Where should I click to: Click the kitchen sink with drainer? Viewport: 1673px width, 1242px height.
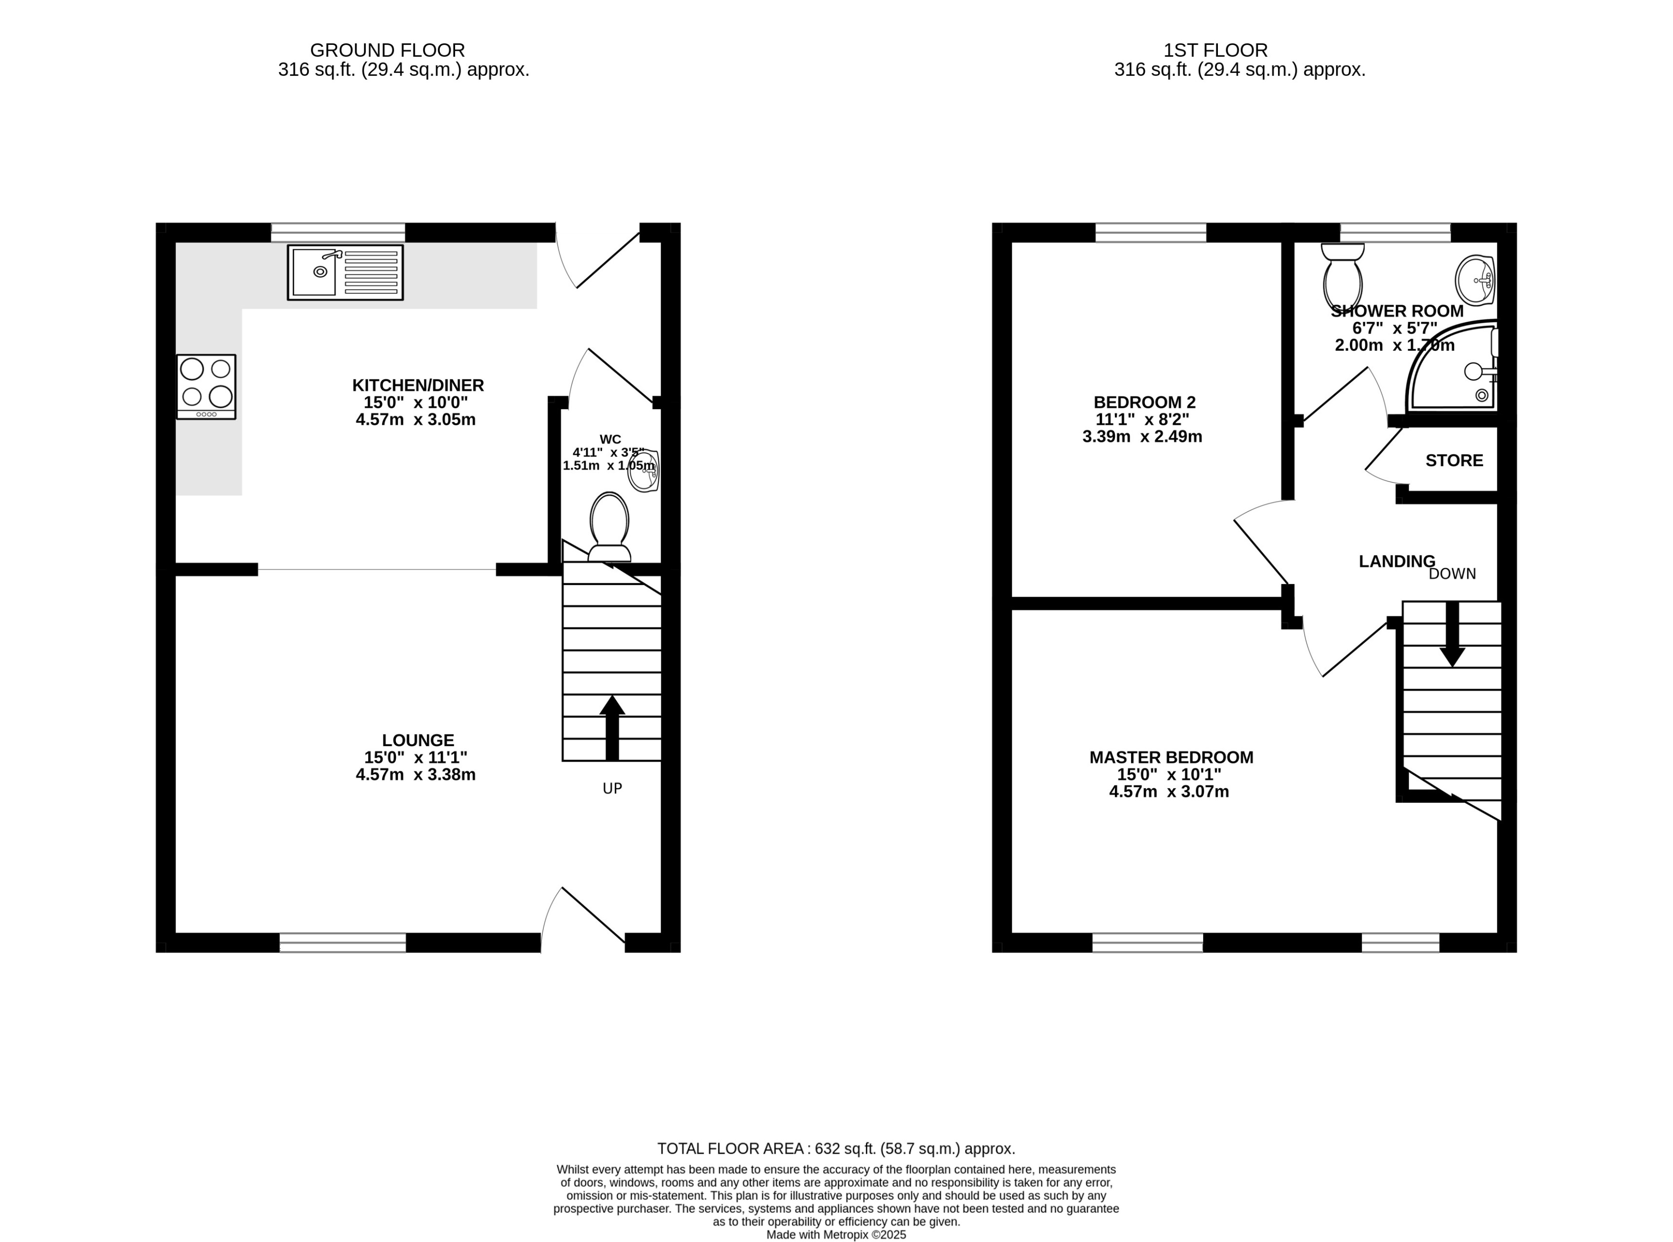coord(345,272)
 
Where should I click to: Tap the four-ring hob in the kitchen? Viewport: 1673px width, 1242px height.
coord(206,386)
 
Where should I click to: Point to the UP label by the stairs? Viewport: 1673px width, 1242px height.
coord(612,788)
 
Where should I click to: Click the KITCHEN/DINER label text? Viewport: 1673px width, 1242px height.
coord(418,385)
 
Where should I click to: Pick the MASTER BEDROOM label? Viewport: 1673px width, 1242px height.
coord(1171,757)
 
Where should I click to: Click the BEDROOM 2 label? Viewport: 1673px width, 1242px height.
coord(1144,402)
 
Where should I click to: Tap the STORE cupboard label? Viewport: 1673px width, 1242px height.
coord(1454,460)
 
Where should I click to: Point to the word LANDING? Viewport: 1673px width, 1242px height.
coord(1397,561)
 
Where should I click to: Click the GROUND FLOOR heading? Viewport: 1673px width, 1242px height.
coord(388,50)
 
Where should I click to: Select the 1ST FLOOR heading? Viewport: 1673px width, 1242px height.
coord(1215,50)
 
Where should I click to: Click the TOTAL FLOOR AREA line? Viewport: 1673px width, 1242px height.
coord(836,1149)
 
